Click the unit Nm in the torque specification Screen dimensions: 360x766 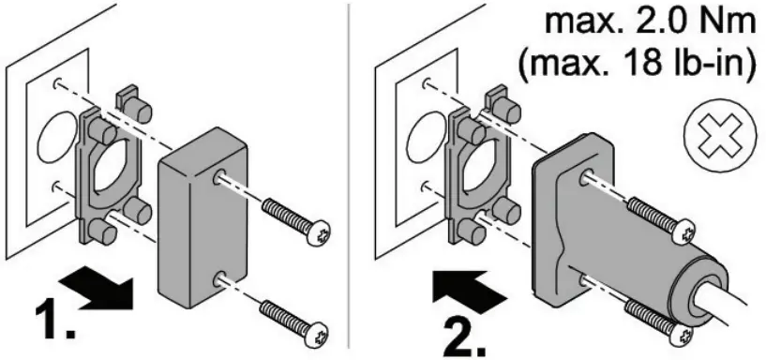pyautogui.click(x=722, y=21)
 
